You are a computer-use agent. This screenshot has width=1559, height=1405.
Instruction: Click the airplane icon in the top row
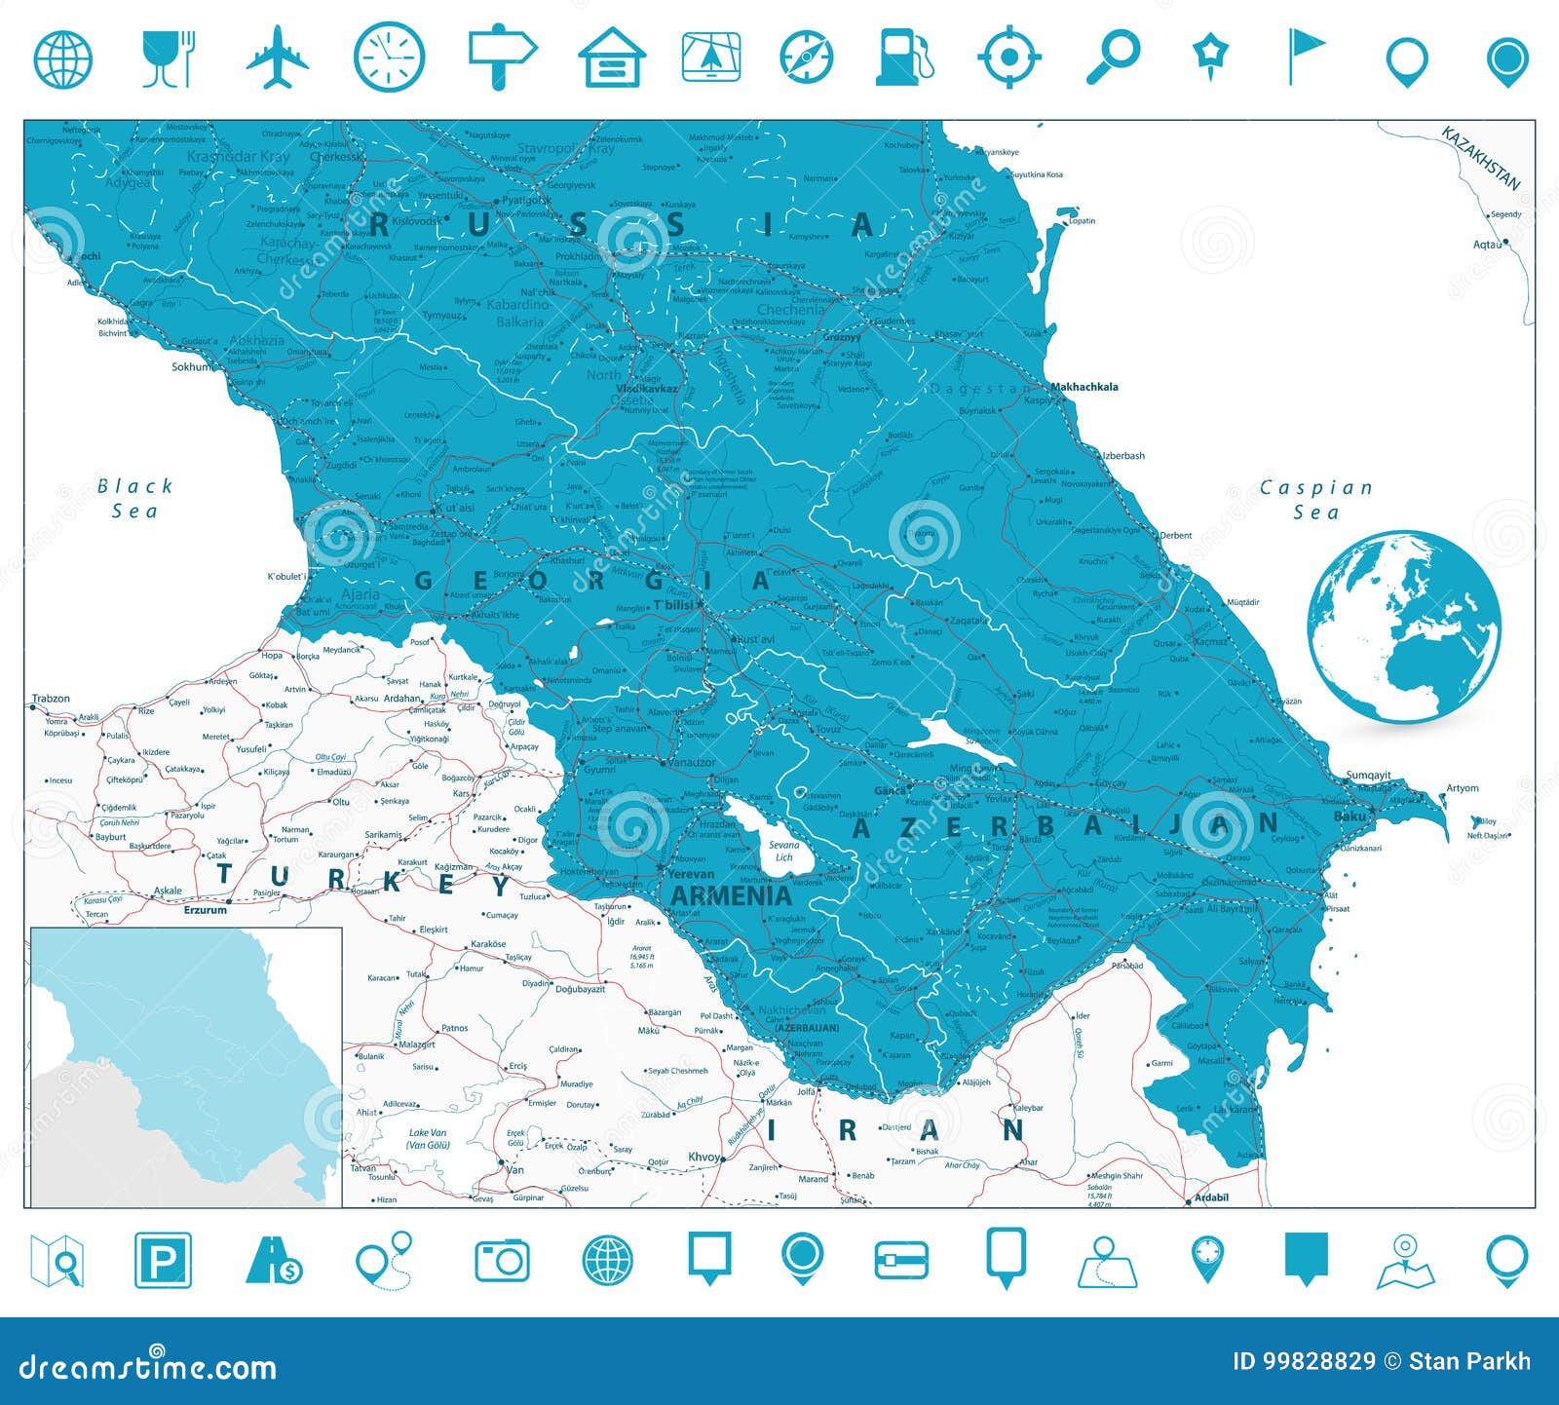pos(278,57)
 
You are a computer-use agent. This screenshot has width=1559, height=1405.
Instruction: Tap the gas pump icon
pos(903,57)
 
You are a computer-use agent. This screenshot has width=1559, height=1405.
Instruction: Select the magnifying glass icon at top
pos(1113,57)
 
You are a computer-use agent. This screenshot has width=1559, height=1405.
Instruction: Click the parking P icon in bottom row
pos(163,1260)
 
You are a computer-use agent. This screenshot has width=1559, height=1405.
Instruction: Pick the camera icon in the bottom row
pos(502,1260)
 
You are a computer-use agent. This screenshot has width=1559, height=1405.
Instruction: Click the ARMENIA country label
pos(731,895)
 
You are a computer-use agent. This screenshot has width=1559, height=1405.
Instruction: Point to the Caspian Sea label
pos(1316,499)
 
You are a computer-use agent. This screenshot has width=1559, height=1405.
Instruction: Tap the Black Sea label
pos(134,498)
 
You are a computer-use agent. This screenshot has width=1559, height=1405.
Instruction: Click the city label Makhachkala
pos(1084,387)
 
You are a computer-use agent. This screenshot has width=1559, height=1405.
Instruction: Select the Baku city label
pos(1350,816)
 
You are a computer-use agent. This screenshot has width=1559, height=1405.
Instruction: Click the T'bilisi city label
pos(672,605)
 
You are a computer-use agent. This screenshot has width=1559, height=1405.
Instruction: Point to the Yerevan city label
pos(691,874)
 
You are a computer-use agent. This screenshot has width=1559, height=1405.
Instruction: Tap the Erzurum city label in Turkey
pos(205,910)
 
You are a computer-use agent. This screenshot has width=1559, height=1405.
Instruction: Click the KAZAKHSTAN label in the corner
pos(1481,157)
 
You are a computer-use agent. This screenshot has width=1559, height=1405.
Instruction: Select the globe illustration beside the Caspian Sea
pos(1404,627)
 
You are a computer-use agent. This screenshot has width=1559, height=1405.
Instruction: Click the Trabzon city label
pos(51,699)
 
